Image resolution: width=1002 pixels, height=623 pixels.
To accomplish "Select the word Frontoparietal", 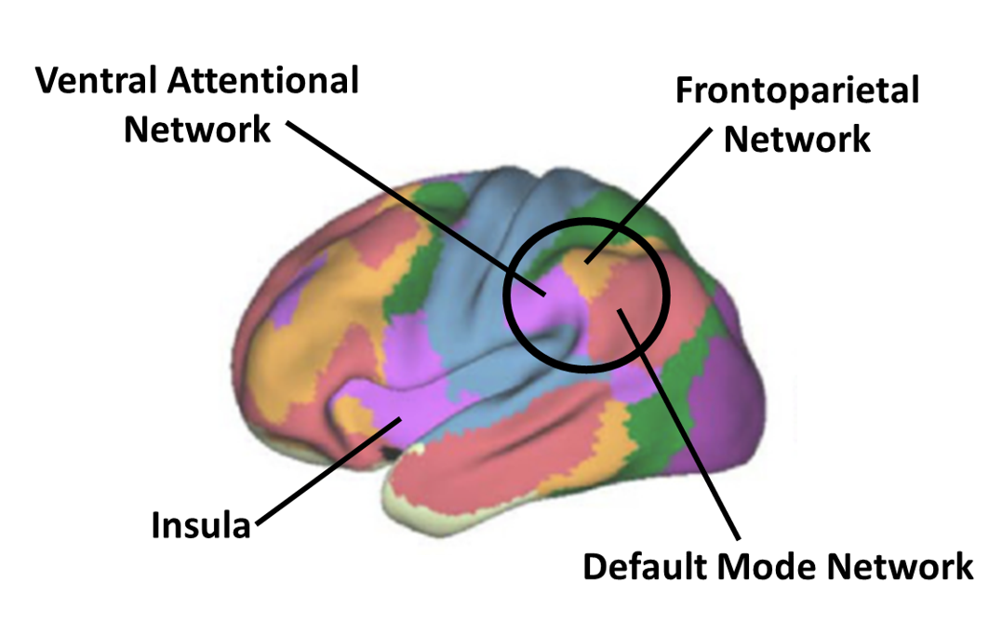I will pos(796,91).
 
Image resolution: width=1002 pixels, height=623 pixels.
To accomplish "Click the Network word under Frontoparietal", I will pos(796,140).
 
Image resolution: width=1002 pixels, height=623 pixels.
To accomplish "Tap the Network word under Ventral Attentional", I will pos(197,129).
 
